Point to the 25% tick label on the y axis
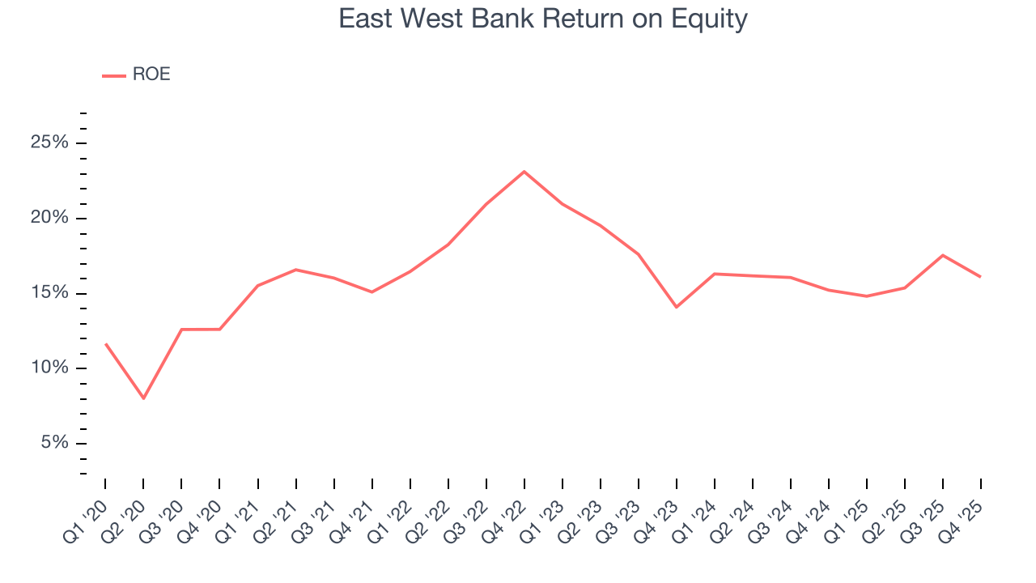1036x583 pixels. [x=49, y=143]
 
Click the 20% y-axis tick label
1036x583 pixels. [x=49, y=219]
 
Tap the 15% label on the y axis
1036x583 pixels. [x=49, y=293]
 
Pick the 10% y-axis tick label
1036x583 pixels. [x=49, y=368]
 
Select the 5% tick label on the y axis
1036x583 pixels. [x=53, y=443]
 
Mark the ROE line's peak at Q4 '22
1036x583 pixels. [x=524, y=172]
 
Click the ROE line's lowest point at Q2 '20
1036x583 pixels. [x=143, y=398]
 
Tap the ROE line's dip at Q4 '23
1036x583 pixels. [x=677, y=307]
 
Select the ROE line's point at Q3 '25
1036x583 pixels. [x=943, y=255]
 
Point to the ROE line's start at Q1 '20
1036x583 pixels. [x=105, y=344]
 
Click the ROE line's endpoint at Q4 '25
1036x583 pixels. [x=981, y=277]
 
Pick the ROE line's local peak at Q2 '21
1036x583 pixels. [x=295, y=270]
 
